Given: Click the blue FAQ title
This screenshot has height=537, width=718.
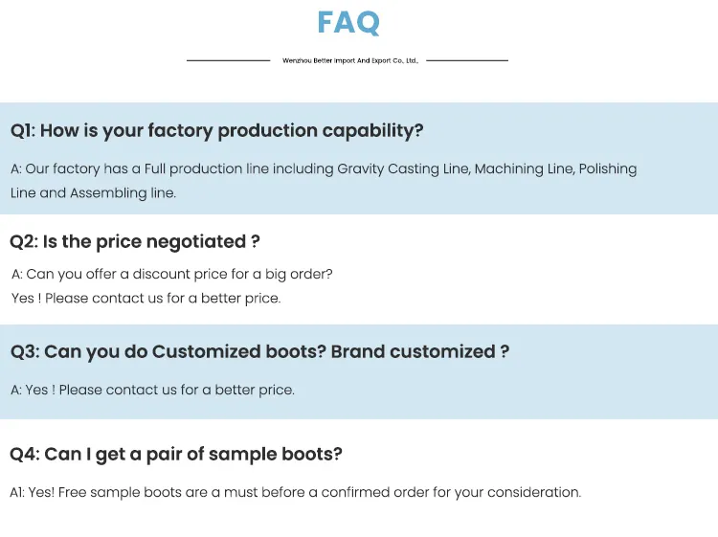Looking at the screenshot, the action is [x=348, y=22].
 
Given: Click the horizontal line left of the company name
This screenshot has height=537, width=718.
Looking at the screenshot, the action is [x=229, y=60].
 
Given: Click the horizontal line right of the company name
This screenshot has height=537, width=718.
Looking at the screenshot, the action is [x=467, y=60].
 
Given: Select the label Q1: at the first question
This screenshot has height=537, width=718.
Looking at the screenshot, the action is [x=23, y=131].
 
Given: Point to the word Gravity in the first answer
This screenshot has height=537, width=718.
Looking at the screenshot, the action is [x=360, y=169].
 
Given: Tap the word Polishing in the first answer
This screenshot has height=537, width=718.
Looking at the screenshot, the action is [x=608, y=169].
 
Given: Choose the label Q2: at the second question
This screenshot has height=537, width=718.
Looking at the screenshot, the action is [x=24, y=242].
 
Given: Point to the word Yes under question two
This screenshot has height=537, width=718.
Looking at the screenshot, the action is [x=22, y=299].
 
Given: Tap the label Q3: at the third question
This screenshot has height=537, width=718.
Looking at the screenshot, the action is [x=25, y=352].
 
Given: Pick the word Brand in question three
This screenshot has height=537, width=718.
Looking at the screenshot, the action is [x=358, y=352].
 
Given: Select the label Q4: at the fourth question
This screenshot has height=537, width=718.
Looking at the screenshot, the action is [x=25, y=454].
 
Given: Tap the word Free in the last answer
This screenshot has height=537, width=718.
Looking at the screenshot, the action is [x=72, y=493].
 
